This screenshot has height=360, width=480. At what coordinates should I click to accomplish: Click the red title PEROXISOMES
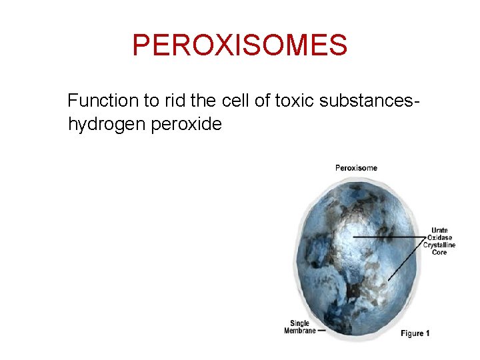tap(239, 45)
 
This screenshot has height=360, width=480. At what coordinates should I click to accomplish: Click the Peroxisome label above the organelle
tap(356, 168)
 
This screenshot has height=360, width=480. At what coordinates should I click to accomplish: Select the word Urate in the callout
tap(439, 231)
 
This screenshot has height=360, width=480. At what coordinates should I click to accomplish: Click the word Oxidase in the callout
tap(439, 238)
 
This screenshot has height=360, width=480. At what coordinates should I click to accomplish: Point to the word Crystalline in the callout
tap(439, 245)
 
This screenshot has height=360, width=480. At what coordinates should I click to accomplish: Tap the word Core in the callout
tap(439, 253)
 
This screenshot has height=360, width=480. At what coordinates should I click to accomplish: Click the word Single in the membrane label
tap(299, 324)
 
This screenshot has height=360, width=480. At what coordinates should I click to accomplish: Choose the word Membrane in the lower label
tap(299, 331)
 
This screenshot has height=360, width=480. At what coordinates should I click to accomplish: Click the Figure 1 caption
tap(415, 333)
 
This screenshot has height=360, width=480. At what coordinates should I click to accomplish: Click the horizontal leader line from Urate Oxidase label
tap(390, 237)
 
